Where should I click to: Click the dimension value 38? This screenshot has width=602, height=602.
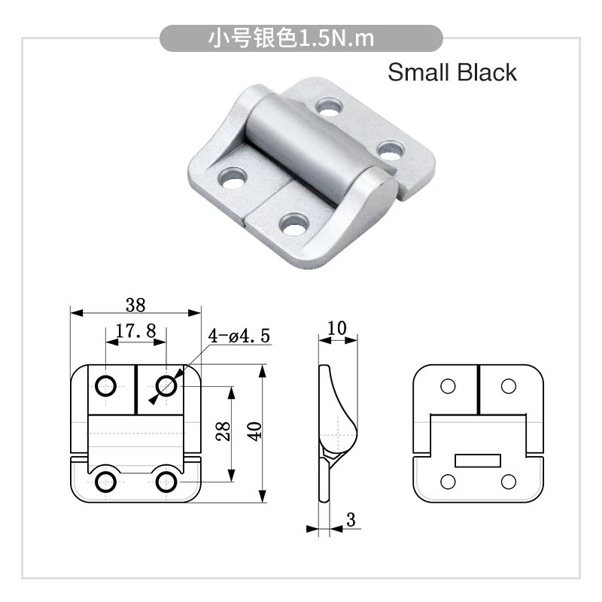tap(135, 306)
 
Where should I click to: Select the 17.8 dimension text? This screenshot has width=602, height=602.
tap(136, 330)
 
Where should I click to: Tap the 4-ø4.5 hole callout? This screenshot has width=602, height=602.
tap(239, 336)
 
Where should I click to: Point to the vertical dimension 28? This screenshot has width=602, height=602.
tap(223, 430)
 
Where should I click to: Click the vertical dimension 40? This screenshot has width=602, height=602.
tap(254, 431)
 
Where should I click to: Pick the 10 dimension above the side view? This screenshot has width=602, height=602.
tap(336, 328)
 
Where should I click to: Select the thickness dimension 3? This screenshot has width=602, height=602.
tap(351, 519)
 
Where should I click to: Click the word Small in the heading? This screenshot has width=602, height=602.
tap(418, 72)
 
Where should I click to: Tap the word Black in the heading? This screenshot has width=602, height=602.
tap(487, 72)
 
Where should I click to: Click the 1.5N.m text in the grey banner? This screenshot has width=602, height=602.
tap(336, 38)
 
